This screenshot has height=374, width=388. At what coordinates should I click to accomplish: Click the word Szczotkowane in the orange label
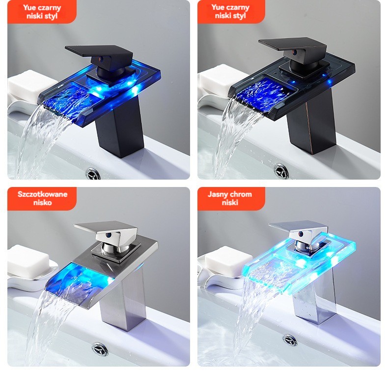pos(42,194)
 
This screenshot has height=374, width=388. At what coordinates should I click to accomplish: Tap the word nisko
pos(43,203)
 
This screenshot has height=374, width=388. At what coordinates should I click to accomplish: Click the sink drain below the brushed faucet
pos(100,349)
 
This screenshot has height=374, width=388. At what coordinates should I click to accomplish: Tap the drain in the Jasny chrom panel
pos(290,340)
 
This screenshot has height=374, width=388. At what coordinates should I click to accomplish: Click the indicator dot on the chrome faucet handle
pos(301,234)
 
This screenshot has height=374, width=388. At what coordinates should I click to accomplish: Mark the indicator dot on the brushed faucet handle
pos(108,235)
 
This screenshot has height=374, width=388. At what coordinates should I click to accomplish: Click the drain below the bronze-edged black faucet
pos(281,171)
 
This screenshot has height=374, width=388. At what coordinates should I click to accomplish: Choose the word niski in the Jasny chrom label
pos(230,203)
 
